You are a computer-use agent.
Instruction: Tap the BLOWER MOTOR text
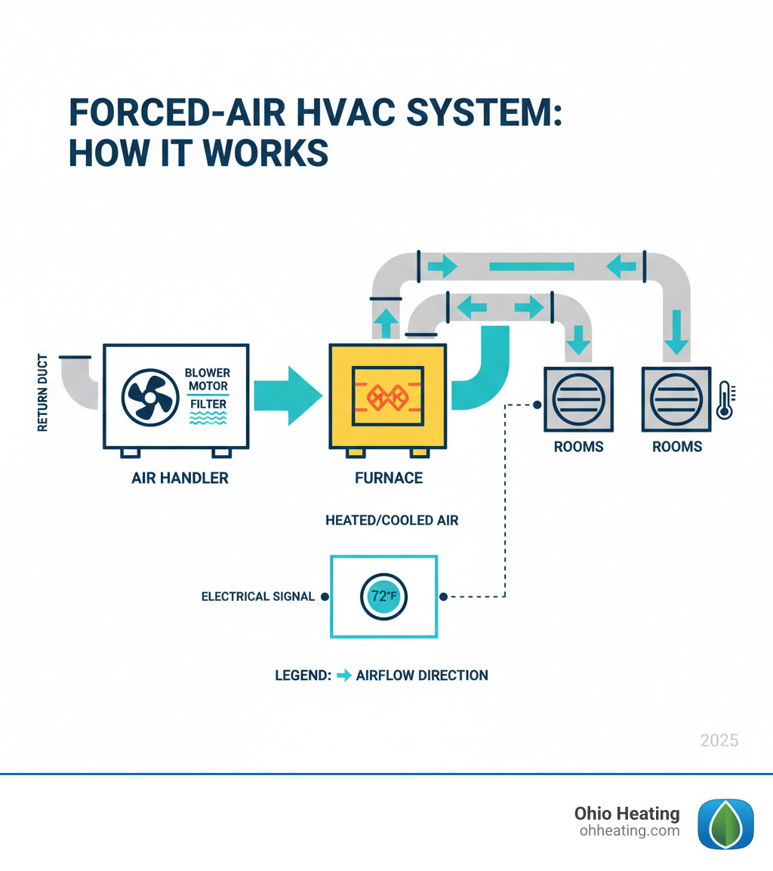208,380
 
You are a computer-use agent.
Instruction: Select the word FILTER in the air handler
207,405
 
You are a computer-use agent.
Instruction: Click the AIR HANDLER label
179,478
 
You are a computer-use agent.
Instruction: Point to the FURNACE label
388,478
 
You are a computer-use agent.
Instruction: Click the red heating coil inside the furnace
387,395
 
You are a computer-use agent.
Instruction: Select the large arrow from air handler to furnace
289,396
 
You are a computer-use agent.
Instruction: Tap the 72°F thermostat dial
384,596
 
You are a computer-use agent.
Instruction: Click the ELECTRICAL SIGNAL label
257,596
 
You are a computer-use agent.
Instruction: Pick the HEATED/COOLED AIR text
392,521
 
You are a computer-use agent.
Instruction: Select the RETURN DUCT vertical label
42,392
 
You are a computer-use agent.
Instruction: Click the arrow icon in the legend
343,676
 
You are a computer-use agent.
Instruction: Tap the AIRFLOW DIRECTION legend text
422,676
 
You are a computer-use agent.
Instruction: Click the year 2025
719,740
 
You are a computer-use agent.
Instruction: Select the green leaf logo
725,824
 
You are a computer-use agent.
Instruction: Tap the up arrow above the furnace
386,323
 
